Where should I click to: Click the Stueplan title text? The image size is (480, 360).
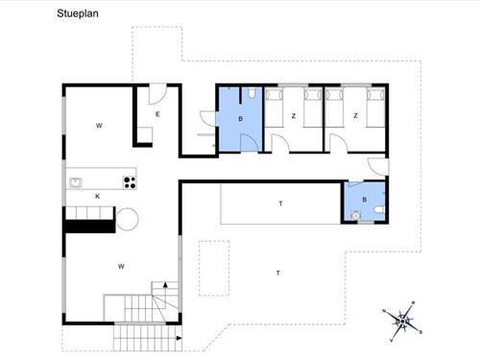click(x=78, y=13)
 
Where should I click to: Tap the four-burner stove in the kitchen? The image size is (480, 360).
click(x=130, y=182)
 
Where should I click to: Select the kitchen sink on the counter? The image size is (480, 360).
click(x=75, y=182)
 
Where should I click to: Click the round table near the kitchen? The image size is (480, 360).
click(x=127, y=219)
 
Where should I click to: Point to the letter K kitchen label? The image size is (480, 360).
click(x=98, y=196)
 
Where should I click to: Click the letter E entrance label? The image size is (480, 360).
click(x=157, y=114)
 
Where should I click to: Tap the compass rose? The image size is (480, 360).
click(x=403, y=321)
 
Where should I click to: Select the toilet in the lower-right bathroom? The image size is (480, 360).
click(x=379, y=210)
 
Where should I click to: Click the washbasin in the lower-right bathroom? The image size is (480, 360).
click(x=355, y=216)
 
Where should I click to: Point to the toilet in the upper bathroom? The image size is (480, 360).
click(x=252, y=93)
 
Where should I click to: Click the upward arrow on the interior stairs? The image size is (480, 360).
click(x=165, y=284)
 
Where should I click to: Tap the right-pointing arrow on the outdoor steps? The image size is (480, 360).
click(x=179, y=338)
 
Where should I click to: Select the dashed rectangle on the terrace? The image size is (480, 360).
click(x=214, y=268)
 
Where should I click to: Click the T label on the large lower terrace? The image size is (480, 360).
click(x=278, y=273)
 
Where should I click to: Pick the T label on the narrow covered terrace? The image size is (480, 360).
click(x=280, y=204)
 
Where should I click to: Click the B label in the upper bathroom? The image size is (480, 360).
click(x=241, y=119)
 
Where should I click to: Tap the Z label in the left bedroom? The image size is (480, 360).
click(x=294, y=116)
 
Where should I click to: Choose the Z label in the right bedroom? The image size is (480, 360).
click(x=355, y=115)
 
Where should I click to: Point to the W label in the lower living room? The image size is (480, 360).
click(x=121, y=266)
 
